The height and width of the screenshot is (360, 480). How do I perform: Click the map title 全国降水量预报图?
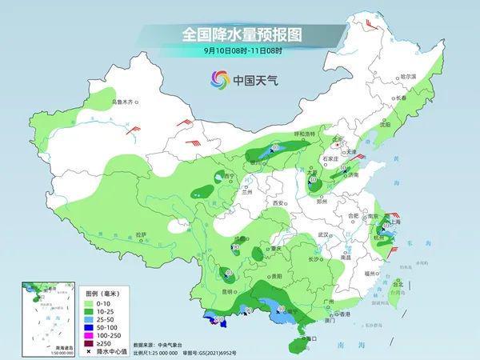point(239,35)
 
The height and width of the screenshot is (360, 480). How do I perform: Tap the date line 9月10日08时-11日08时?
point(239,52)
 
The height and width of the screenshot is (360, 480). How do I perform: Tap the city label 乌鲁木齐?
point(125,102)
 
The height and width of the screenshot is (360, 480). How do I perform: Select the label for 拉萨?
point(141,234)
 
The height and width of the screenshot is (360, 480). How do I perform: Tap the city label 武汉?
point(323,234)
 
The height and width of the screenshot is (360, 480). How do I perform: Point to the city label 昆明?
point(228,291)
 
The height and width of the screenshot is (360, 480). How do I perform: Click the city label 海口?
point(312,338)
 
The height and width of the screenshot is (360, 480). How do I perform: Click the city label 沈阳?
point(386,125)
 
